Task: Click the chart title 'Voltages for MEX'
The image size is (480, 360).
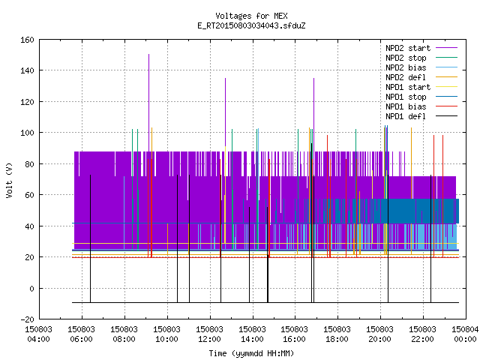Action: point(251,16)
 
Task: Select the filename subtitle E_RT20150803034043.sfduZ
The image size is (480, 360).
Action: point(251,25)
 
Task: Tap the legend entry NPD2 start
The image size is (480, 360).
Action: point(408,48)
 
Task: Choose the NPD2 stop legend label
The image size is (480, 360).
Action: point(406,58)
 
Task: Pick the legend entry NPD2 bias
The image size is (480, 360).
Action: point(406,67)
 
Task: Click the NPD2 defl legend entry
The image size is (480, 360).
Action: point(406,77)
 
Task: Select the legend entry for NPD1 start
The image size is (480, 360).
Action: point(408,87)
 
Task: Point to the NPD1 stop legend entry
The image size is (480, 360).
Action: point(406,97)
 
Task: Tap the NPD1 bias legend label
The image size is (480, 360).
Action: point(406,106)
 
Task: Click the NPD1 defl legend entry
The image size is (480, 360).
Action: point(406,117)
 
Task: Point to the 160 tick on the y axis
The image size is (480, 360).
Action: point(27,40)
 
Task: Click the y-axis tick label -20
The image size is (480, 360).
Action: point(27,319)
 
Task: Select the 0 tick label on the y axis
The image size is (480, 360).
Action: point(31,288)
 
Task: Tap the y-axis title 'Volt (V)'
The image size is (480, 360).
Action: point(9,180)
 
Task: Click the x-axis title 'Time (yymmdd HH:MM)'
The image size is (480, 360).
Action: point(251,353)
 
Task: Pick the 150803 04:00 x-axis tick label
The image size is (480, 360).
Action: point(38,334)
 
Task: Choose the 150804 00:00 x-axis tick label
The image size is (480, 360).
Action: point(465,334)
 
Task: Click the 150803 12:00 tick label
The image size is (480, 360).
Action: point(210,334)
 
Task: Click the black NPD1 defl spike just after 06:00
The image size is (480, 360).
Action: point(90,238)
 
